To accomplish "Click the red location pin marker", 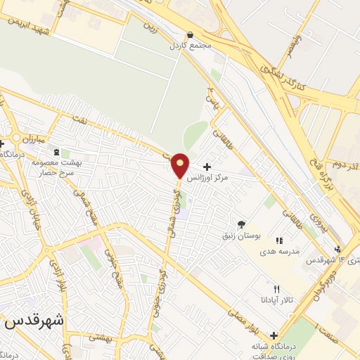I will [181, 165].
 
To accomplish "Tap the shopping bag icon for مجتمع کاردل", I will [190, 34].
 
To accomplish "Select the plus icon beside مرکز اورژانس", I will [207, 167].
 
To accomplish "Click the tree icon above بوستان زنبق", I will [242, 224].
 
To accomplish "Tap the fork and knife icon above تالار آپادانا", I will [276, 289].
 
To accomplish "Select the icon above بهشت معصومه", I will [56, 152].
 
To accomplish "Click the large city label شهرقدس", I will [35, 320].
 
